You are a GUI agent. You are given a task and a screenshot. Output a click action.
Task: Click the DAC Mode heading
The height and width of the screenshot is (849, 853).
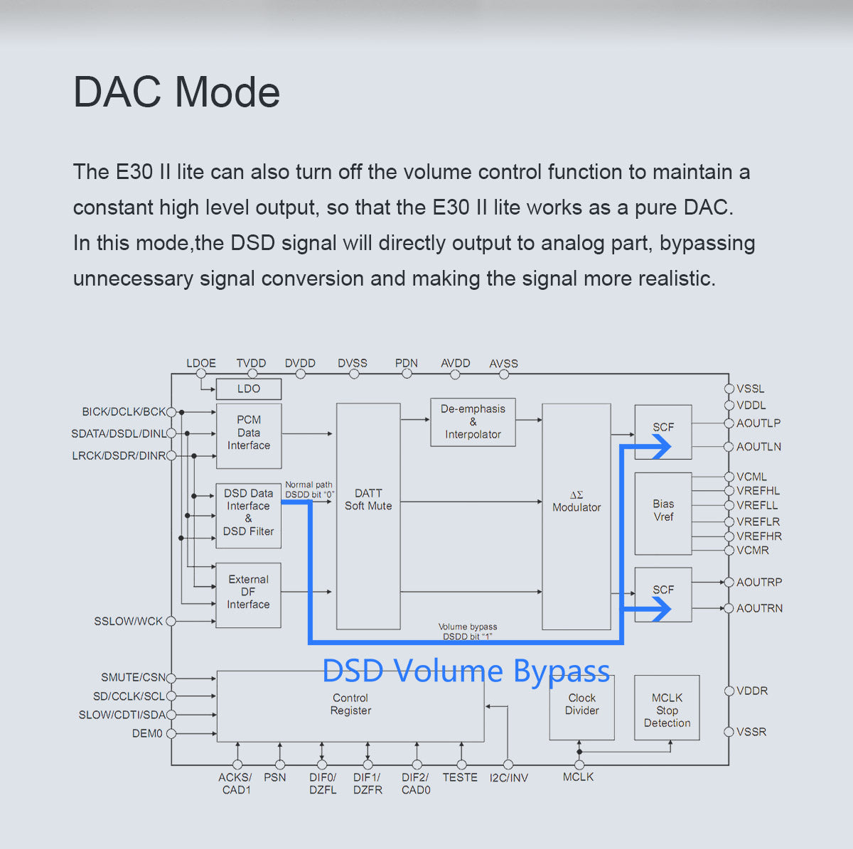(176, 92)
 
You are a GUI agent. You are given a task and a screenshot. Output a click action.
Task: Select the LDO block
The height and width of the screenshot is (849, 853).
(249, 389)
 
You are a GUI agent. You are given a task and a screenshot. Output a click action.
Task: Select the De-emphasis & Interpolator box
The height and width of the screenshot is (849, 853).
(473, 422)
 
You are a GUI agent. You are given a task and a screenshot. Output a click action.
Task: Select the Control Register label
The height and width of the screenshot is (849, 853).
(350, 704)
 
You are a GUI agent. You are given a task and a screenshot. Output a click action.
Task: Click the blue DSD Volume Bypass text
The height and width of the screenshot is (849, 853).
(466, 671)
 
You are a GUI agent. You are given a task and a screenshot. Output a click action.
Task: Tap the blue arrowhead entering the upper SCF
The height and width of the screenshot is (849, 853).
(660, 446)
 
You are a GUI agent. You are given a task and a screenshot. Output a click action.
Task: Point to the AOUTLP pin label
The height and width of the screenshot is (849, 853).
(758, 423)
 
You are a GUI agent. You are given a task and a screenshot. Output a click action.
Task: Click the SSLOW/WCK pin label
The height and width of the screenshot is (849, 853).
(129, 622)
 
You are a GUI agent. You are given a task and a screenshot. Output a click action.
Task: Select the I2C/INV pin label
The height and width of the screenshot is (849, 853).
(509, 778)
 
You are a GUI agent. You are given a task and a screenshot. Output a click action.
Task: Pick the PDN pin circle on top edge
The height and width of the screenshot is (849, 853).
(407, 374)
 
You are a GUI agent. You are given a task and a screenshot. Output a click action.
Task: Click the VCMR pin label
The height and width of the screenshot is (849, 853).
(753, 551)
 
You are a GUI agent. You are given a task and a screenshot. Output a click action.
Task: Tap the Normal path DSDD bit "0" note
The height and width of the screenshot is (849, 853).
(309, 490)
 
